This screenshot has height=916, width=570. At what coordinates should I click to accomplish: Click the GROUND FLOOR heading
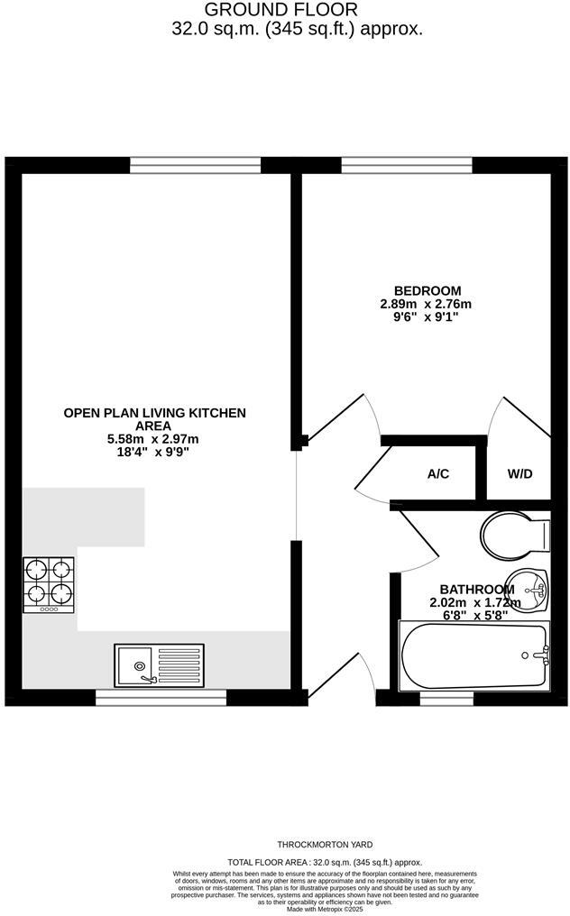tap(280, 10)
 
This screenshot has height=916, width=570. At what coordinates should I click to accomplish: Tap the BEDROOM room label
tap(427, 291)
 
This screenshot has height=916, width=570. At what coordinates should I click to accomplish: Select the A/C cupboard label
tap(438, 474)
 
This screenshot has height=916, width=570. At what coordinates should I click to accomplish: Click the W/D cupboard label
tap(519, 474)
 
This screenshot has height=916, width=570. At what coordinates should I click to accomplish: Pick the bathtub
tap(474, 656)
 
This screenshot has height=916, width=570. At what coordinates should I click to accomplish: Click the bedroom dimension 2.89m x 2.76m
tap(427, 304)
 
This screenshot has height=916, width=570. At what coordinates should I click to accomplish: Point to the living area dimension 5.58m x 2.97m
tap(153, 439)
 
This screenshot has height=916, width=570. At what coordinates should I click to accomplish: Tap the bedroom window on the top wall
tap(407, 165)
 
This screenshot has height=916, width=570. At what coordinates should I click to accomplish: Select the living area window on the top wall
tap(196, 165)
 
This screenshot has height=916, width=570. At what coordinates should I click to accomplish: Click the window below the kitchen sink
tap(161, 698)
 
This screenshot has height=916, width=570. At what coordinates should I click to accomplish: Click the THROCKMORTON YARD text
tap(326, 845)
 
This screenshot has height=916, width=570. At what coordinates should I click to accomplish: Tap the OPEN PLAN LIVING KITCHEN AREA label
tap(154, 419)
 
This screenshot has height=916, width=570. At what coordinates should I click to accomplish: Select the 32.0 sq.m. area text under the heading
tap(297, 29)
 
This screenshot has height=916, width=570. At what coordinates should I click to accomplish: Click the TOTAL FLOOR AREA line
tap(326, 863)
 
